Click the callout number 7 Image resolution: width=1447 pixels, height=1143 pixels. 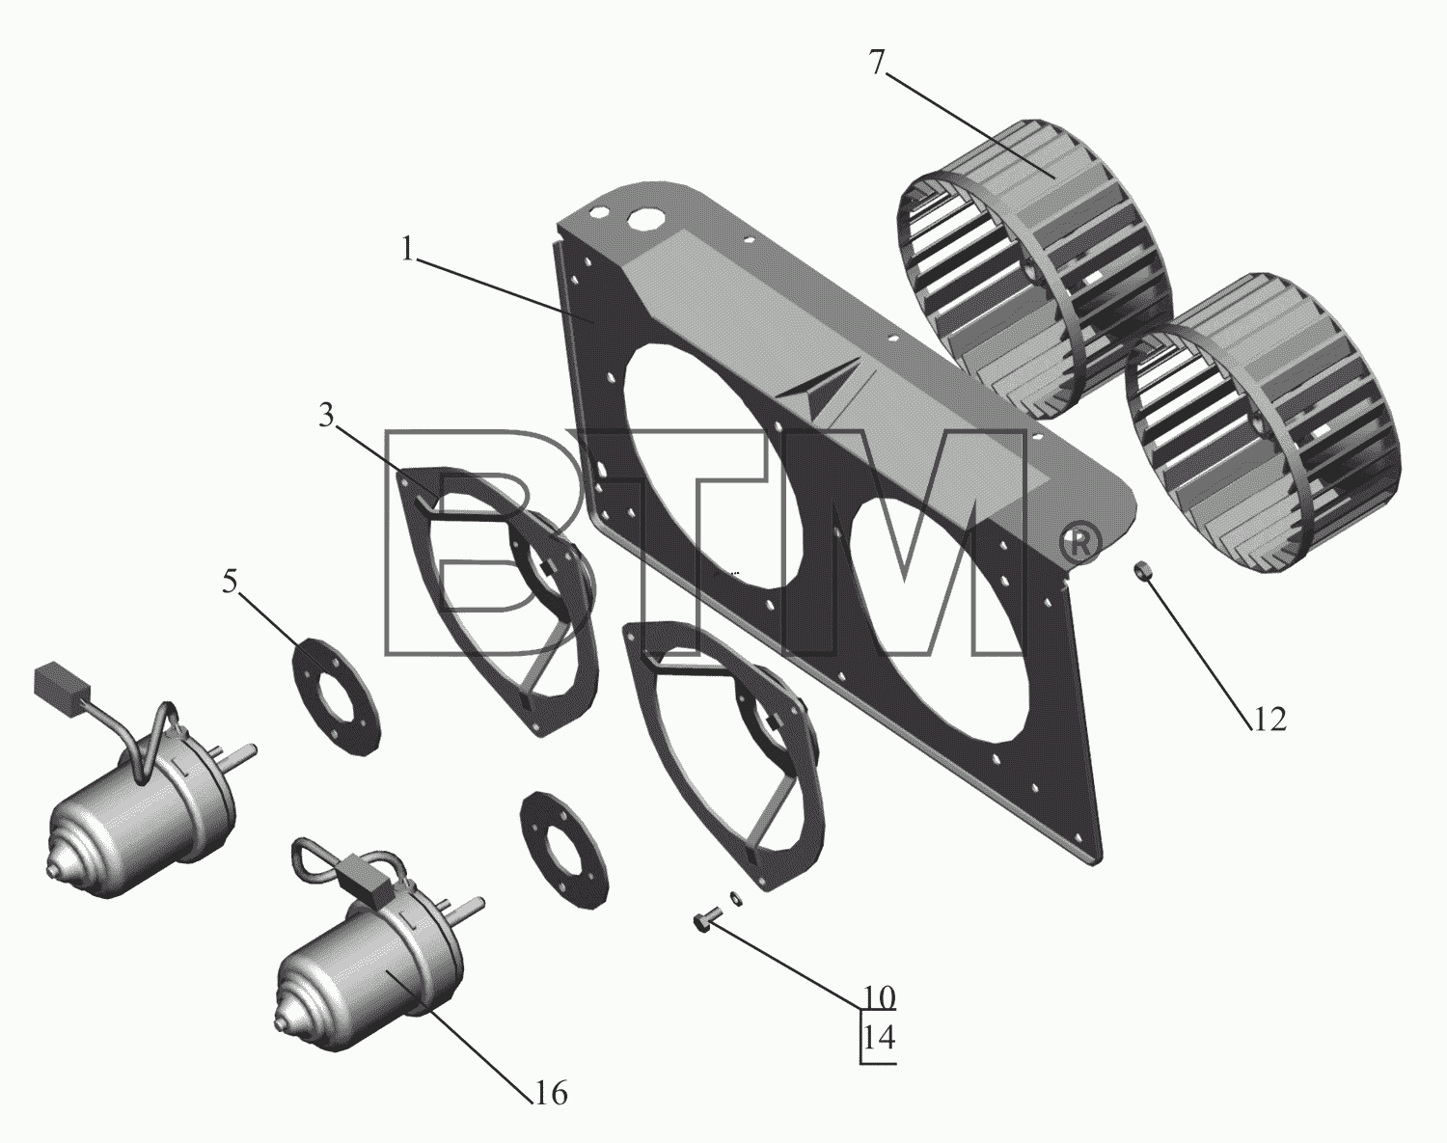pos(878,64)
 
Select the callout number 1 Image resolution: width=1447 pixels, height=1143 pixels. pos(408,250)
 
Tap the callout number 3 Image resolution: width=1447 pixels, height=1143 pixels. pos(327,416)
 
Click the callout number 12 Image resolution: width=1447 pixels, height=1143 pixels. pos(1269,720)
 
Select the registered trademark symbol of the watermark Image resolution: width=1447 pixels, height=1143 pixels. pos(1078,545)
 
